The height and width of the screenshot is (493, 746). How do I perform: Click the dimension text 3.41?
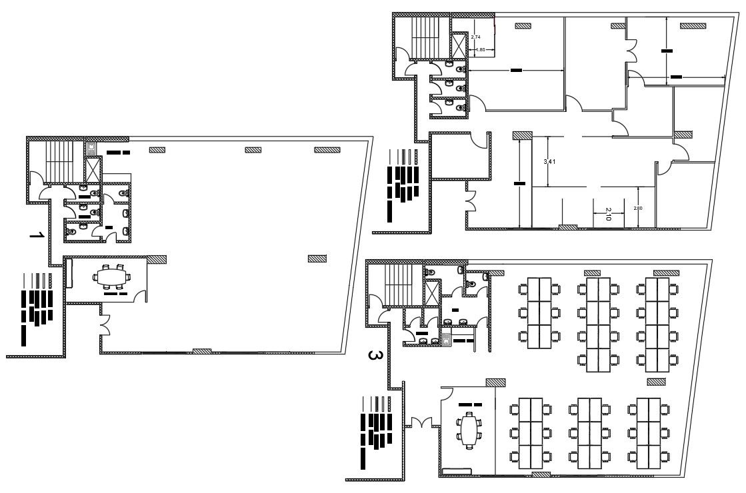pyautogui.click(x=549, y=161)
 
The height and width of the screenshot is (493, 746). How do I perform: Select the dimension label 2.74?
pyautogui.click(x=476, y=37)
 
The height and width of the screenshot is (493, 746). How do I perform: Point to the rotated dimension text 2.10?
pyautogui.click(x=608, y=213)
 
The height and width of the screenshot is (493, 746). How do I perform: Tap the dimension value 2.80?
pyautogui.click(x=638, y=209)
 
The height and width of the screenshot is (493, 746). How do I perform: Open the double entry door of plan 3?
pyautogui.click(x=421, y=422)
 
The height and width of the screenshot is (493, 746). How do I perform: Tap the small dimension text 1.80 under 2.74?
pyautogui.click(x=480, y=49)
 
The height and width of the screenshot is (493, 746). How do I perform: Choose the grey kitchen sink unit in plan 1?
pyautogui.click(x=91, y=148)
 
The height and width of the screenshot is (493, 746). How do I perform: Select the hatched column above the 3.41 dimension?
pyautogui.click(x=522, y=135)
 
